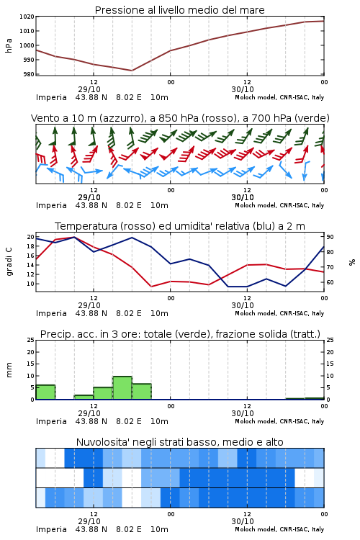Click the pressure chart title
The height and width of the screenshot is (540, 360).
coord(179,10)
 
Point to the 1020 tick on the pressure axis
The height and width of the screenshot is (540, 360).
coord(27,17)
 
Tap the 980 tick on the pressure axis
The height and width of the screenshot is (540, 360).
coord(28,74)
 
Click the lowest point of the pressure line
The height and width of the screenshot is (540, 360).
coord(132,71)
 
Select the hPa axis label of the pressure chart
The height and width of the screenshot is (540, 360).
coord(9,45)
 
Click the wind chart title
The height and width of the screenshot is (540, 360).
coord(180,118)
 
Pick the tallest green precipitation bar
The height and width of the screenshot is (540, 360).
coord(122,388)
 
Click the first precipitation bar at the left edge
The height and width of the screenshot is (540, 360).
coord(45,392)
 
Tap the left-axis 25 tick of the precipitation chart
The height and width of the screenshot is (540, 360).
coord(31,340)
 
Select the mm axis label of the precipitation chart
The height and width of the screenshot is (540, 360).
coord(9,369)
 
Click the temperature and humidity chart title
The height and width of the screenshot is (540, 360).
coord(180,226)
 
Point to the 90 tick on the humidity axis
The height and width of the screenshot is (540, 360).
coord(330,237)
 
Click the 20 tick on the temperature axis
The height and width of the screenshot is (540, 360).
coord(31,237)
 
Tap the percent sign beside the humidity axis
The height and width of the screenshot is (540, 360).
coord(352,262)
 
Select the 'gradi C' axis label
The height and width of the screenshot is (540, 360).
coord(9,262)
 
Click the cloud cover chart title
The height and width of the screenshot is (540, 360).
coord(179,442)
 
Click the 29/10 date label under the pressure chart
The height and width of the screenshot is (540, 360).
coord(89,89)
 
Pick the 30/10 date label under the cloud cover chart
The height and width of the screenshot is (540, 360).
coord(243,521)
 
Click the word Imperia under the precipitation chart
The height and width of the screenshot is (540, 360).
coord(51,421)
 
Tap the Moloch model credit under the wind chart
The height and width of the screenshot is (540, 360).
coord(279,205)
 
